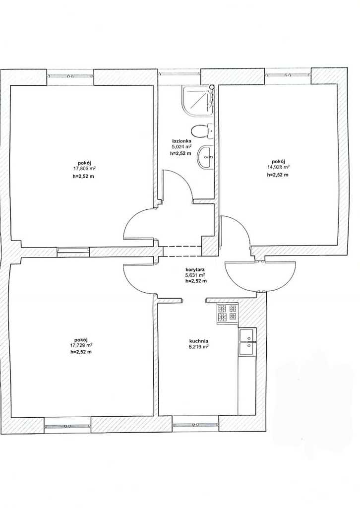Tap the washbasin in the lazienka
pyautogui.click(x=206, y=157)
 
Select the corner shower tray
pyautogui.click(x=197, y=100)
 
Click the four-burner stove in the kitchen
pyautogui.click(x=227, y=314)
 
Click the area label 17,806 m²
pyautogui.click(x=84, y=169)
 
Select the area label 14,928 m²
pyautogui.click(x=278, y=167)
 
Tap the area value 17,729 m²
pyautogui.click(x=81, y=345)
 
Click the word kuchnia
pyautogui.click(x=198, y=341)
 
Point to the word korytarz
pyautogui.click(x=195, y=269)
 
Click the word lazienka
pyautogui.click(x=181, y=141)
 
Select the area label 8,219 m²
pyautogui.click(x=198, y=346)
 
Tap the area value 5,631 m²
pyautogui.click(x=196, y=275)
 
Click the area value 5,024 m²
pyautogui.click(x=181, y=146)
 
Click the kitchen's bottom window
pyautogui.click(x=195, y=425)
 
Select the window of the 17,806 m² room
pyautogui.click(x=70, y=76)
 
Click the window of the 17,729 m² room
pyautogui.click(x=67, y=426)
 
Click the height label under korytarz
pyautogui.click(x=196, y=281)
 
